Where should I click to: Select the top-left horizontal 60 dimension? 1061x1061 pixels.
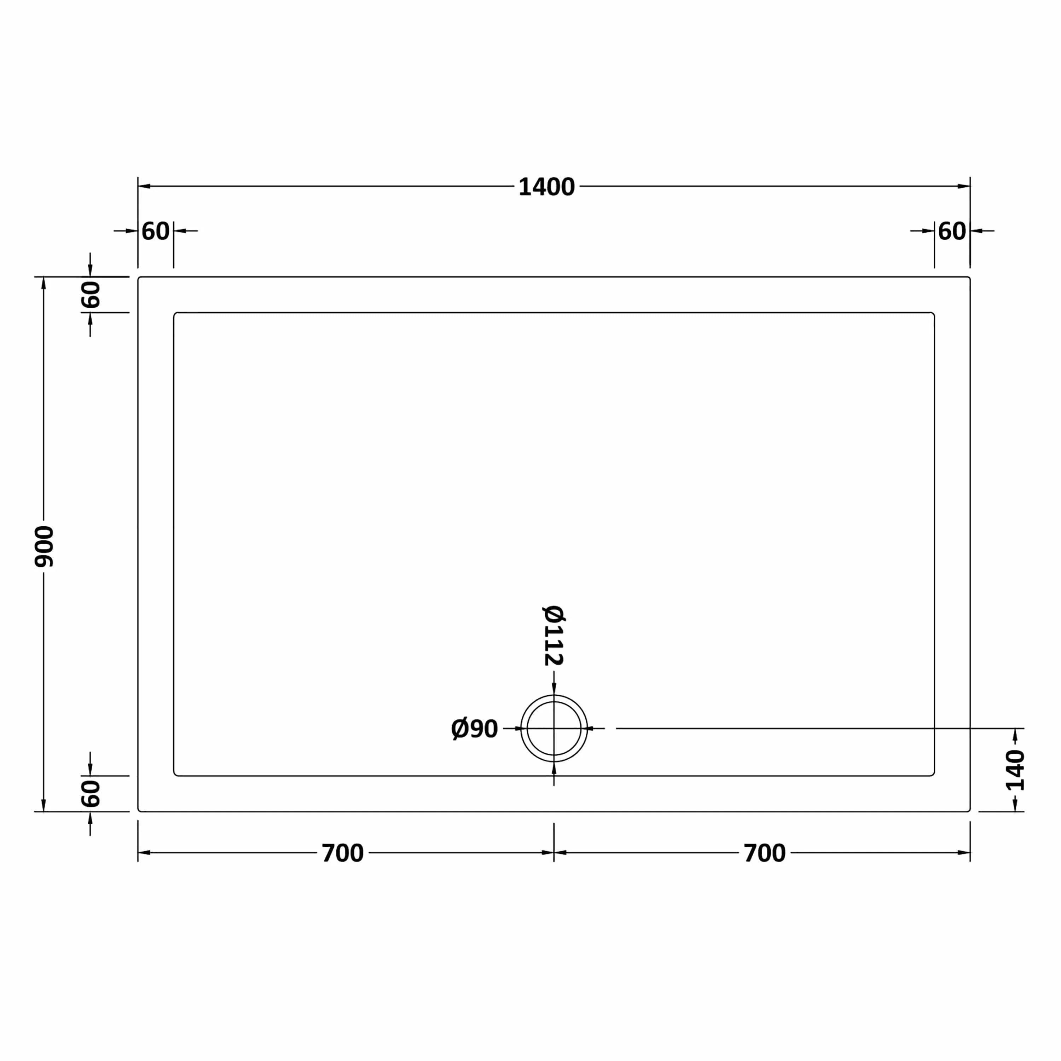(x=155, y=231)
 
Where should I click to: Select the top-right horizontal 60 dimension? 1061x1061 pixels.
(x=952, y=231)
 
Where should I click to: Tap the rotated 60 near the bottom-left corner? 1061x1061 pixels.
(x=91, y=793)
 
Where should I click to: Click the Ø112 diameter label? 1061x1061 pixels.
(x=553, y=636)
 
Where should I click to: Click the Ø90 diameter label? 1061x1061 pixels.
(x=474, y=729)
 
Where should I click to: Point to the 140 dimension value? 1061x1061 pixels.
(x=1015, y=770)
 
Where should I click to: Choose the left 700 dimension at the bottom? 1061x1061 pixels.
(x=343, y=853)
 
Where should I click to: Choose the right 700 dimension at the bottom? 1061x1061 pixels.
(x=764, y=853)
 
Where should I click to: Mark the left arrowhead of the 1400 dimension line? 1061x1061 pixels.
(x=144, y=186)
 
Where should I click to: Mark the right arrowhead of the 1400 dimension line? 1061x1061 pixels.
(x=963, y=186)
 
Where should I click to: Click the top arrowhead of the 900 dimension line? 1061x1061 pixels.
(x=44, y=283)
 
